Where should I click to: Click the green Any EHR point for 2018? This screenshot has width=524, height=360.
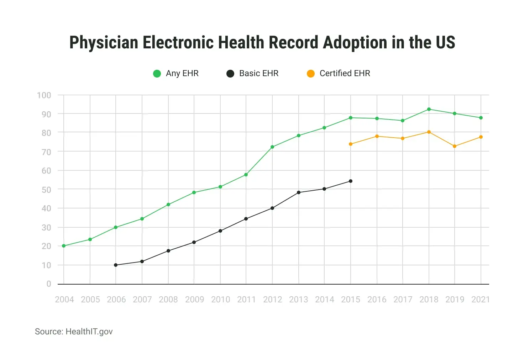429,109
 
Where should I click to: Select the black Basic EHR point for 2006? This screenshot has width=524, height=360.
116,265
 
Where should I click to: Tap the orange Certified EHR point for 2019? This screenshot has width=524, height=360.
455,146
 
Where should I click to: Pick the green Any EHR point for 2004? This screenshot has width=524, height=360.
64,246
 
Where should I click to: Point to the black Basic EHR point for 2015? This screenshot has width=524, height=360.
350,181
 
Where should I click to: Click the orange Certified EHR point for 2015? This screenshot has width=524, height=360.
350,144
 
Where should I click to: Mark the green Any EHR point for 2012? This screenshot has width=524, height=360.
272,147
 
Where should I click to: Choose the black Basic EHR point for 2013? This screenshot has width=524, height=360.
299,192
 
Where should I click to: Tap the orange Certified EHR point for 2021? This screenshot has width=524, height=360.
481,137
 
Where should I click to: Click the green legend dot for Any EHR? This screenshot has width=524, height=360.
157,73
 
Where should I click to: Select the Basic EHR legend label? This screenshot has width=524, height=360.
259,73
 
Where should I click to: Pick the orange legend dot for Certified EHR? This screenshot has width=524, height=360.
311,73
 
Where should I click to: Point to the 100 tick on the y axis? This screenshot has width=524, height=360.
44,95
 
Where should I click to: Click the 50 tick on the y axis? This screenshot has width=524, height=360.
46,190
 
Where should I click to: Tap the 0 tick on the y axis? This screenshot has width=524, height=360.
49,284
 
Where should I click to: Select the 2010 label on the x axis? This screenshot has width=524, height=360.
220,300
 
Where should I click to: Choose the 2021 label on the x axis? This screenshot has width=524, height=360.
481,300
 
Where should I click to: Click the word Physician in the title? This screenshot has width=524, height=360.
104,43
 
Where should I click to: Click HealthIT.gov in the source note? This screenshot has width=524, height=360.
89,332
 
